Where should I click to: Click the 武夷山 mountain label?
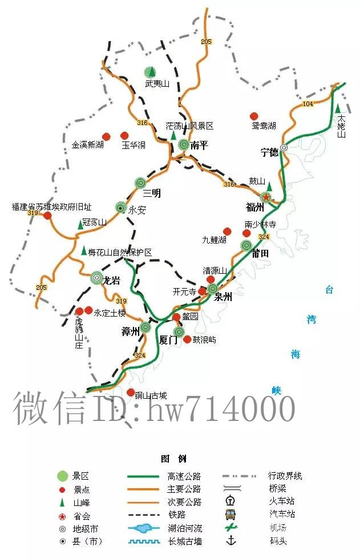(157, 84)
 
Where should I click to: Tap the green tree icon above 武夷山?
(149, 72)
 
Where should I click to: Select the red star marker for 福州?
(266, 197)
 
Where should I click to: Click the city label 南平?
(200, 145)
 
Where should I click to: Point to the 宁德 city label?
(269, 152)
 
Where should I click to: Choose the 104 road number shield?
(308, 103)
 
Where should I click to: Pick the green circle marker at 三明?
(140, 183)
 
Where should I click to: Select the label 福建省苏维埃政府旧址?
(51, 207)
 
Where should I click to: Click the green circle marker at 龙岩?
(96, 278)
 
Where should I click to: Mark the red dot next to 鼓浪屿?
(187, 339)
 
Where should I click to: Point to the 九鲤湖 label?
(214, 239)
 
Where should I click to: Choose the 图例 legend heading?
(174, 459)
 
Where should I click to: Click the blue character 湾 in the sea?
(311, 320)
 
